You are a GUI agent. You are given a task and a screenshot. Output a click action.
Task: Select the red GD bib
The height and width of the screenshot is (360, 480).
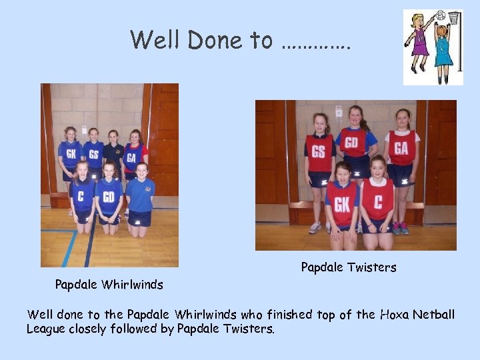pos(355,143)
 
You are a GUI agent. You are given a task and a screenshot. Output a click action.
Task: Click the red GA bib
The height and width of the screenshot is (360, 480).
pos(401,148)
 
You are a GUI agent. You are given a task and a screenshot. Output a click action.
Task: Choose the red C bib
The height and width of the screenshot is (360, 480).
pos(378,199)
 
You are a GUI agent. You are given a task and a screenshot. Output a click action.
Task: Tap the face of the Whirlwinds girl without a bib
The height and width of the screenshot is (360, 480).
pos(142,169)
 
